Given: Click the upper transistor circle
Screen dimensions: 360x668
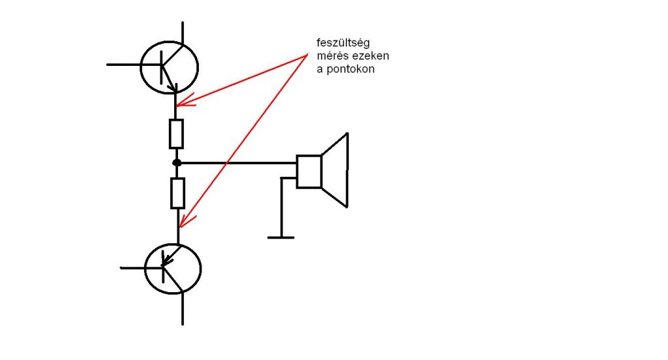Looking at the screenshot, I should click(169, 67).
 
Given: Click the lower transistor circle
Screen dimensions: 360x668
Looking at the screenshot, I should click(172, 268).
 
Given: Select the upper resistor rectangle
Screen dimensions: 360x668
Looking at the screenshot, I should click(176, 134).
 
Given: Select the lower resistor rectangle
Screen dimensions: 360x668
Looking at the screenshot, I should click(177, 193).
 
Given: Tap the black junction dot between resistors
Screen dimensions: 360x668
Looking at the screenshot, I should click(176, 162).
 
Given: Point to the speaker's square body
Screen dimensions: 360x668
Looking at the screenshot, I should click(309, 172).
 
